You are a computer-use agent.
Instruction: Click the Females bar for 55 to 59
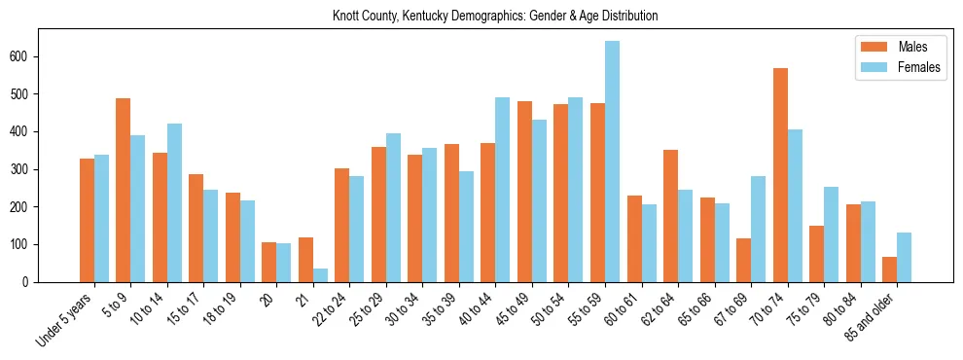[x=612, y=162]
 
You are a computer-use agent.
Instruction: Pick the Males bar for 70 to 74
[x=780, y=175]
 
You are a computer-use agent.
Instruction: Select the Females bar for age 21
[x=320, y=275]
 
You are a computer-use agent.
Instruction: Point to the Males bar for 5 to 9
[x=124, y=190]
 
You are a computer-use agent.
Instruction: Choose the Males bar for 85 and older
[x=889, y=270]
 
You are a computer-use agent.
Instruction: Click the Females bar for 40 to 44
[x=503, y=190]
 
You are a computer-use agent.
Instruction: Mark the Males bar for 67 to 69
[x=743, y=260]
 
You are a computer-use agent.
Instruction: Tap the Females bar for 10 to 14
[x=174, y=202]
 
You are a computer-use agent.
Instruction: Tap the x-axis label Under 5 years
[x=65, y=320]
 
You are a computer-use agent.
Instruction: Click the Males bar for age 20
[x=269, y=262]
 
